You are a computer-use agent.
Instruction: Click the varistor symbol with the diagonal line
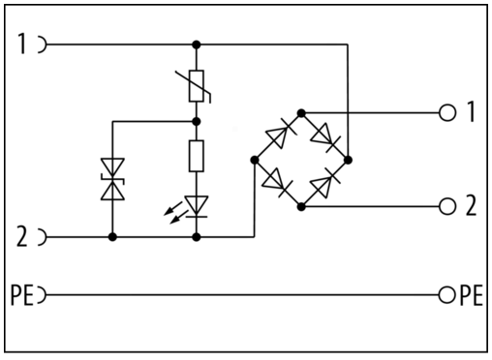pyautogui.click(x=197, y=86)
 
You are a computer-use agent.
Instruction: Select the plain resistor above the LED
pyautogui.click(x=197, y=156)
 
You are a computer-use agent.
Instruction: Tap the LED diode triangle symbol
pyautogui.click(x=197, y=206)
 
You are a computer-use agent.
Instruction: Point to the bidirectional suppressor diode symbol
pyautogui.click(x=112, y=179)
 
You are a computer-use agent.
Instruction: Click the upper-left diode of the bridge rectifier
pyautogui.click(x=277, y=137)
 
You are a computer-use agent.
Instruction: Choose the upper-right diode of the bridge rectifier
pyautogui.click(x=325, y=137)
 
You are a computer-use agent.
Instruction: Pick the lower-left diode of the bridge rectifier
pyautogui.click(x=277, y=183)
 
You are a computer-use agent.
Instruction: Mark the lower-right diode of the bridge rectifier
pyautogui.click(x=325, y=183)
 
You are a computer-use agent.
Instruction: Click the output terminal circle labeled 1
pyautogui.click(x=447, y=113)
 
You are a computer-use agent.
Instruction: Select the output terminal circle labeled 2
pyautogui.click(x=447, y=206)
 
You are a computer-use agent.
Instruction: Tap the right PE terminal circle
pyautogui.click(x=447, y=295)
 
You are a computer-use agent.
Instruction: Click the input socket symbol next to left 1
pyautogui.click(x=43, y=44)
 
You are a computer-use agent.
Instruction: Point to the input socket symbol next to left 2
pyautogui.click(x=43, y=237)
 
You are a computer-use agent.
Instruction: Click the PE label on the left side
pyautogui.click(x=22, y=295)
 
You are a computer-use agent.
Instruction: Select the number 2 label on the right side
pyautogui.click(x=472, y=205)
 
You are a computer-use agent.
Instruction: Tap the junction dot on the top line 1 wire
pyautogui.click(x=197, y=45)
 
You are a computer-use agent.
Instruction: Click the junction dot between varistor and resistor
pyautogui.click(x=197, y=121)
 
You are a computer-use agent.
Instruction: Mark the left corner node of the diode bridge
pyautogui.click(x=255, y=160)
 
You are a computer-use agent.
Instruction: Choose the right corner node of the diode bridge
pyautogui.click(x=348, y=160)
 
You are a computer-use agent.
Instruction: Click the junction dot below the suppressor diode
pyautogui.click(x=112, y=237)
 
